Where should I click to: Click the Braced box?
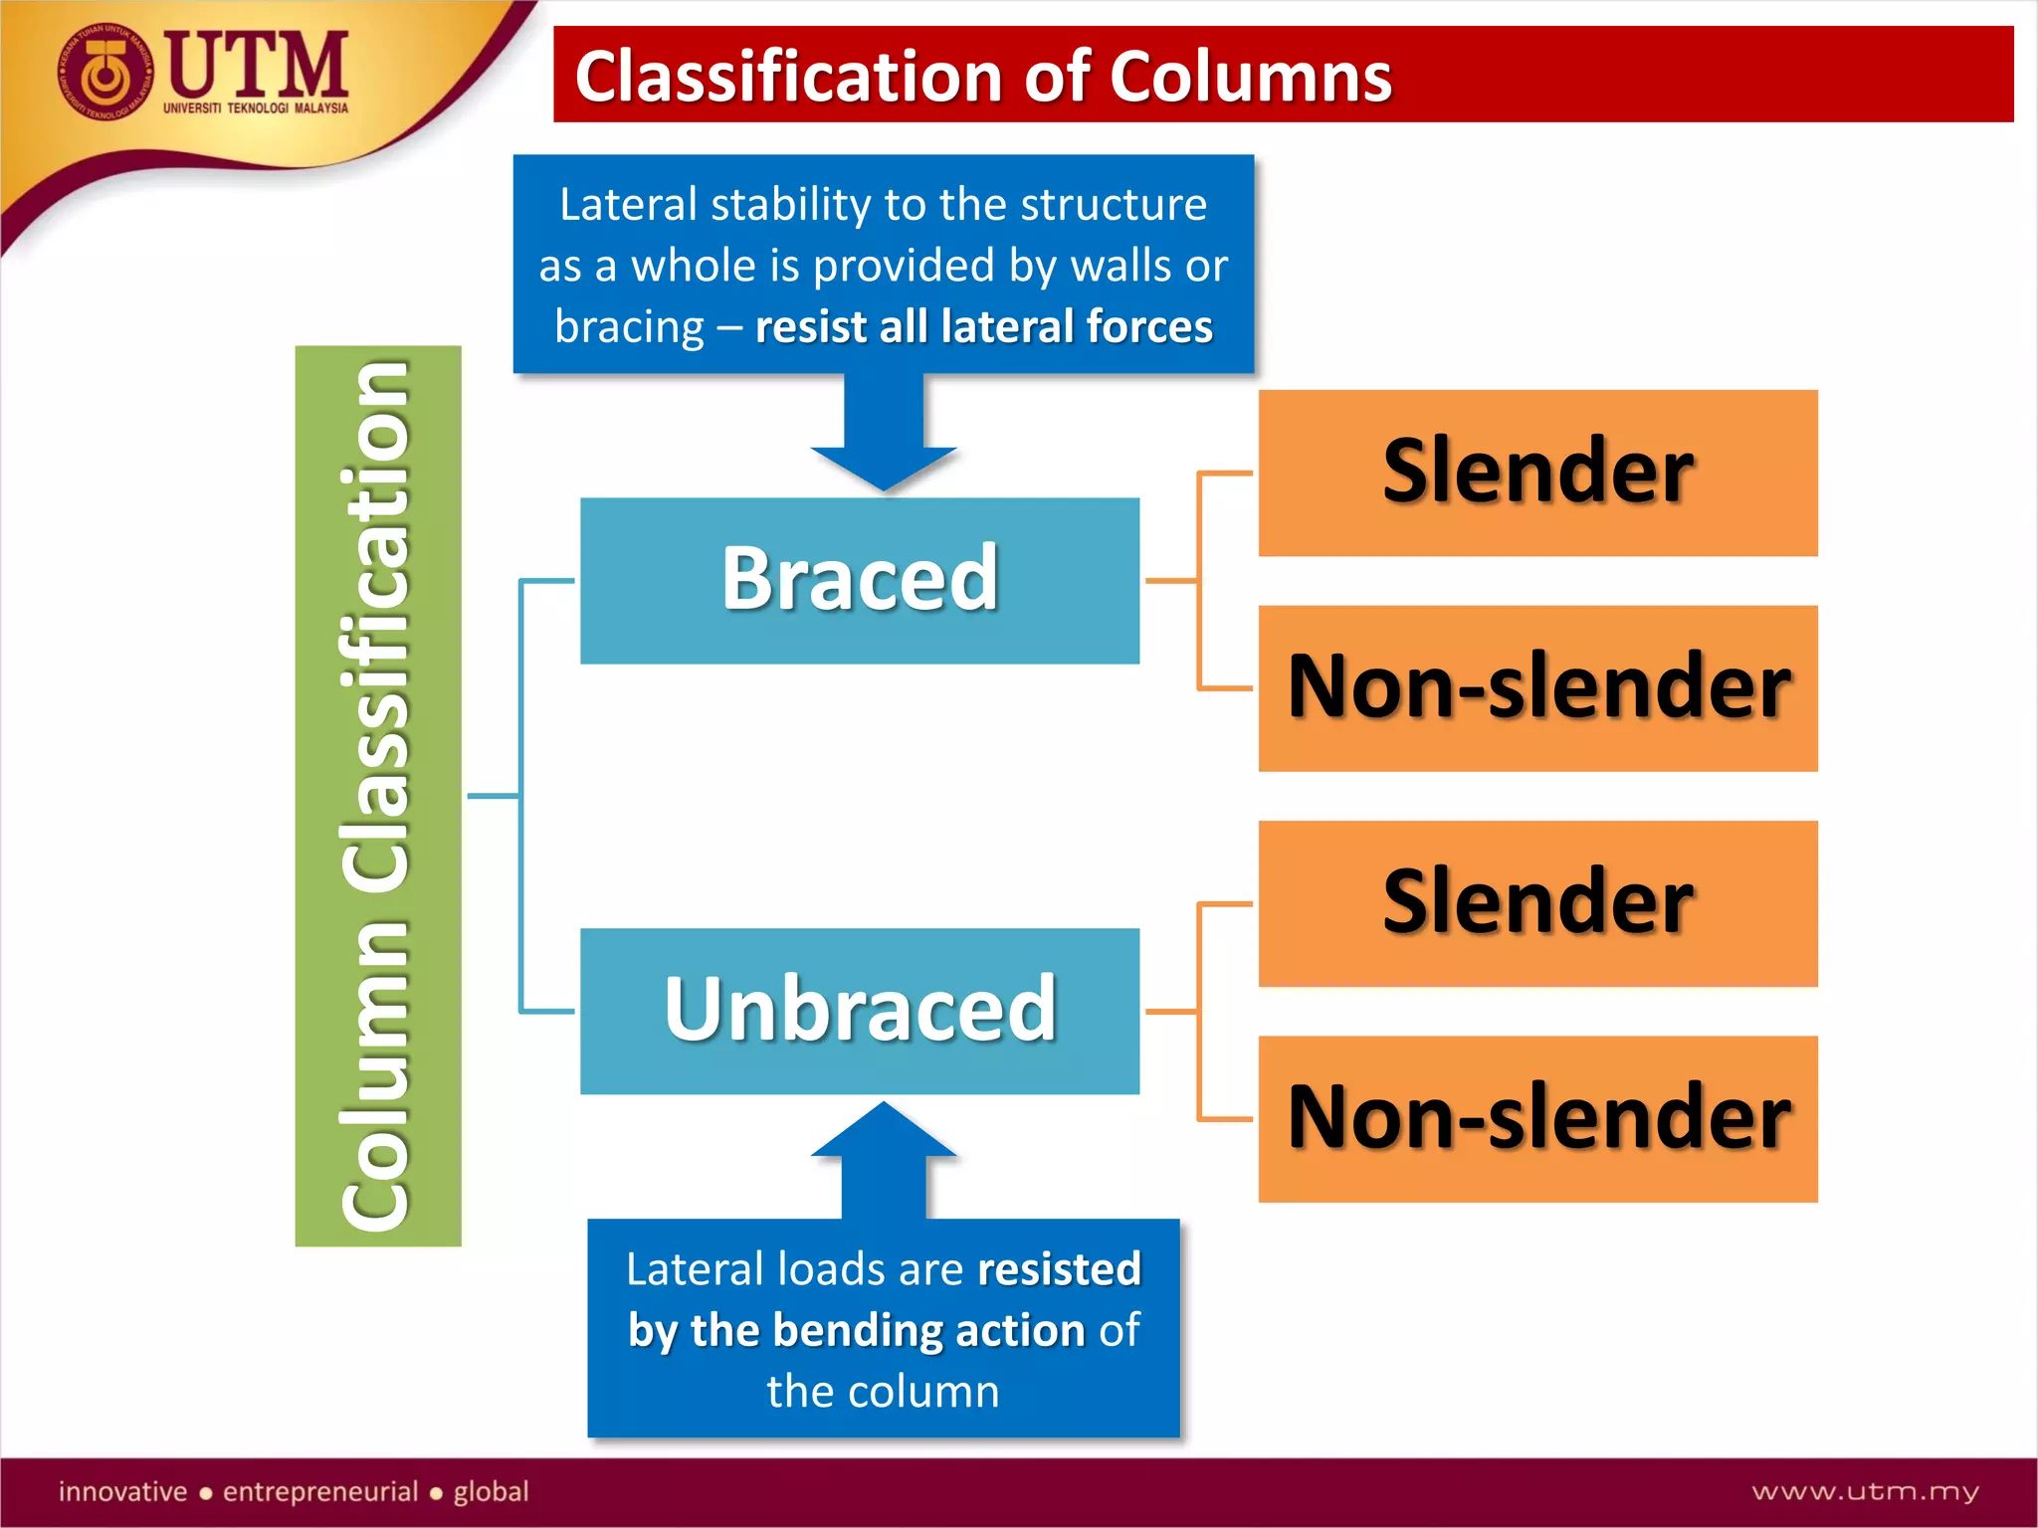(x=860, y=580)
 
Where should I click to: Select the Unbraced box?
(x=860, y=1011)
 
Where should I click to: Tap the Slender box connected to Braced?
(x=1537, y=473)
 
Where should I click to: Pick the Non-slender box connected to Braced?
(x=1537, y=687)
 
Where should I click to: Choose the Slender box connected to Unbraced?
(x=1537, y=903)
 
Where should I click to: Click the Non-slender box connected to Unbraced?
(x=1537, y=1118)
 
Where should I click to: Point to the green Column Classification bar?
(x=378, y=796)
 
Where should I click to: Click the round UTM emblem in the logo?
(x=104, y=74)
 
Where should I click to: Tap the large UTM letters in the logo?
(x=257, y=64)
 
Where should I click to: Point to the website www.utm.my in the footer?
(x=1865, y=1491)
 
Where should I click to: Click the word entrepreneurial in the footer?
(x=319, y=1491)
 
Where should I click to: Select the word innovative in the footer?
(x=122, y=1491)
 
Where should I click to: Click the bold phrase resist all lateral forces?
(x=983, y=327)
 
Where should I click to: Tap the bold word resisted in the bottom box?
(x=1059, y=1269)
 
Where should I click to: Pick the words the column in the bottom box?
(x=883, y=1392)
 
